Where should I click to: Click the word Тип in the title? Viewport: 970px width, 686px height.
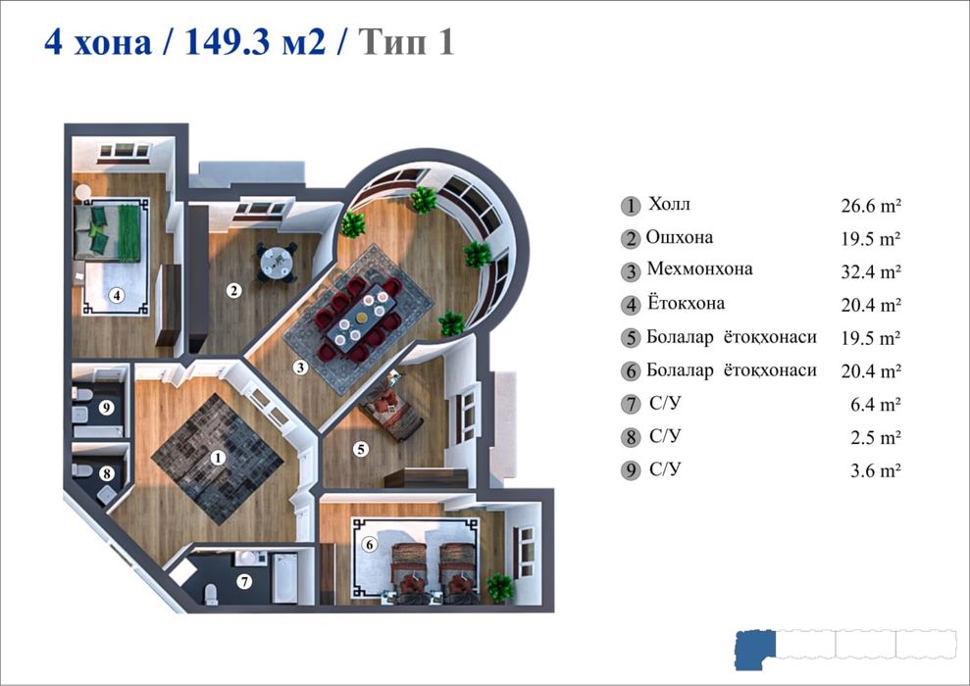coord(393,42)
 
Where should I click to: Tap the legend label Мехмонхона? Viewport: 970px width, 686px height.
coord(699,269)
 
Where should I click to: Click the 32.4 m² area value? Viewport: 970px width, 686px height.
coord(870,271)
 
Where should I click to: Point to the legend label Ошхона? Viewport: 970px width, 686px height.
coord(680,237)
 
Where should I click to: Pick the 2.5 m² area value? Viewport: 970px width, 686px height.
coord(875,437)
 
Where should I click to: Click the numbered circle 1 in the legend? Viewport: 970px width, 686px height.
coord(631,206)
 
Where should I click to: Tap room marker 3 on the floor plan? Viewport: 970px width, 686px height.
coord(301,367)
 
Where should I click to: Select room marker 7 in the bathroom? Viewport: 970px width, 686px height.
coord(245,581)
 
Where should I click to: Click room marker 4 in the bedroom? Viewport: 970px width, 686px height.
coord(117,295)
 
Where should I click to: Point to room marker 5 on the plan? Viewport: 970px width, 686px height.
coord(361,449)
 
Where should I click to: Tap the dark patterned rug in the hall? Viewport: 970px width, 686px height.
coord(217,459)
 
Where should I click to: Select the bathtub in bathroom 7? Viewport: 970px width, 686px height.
coord(284,578)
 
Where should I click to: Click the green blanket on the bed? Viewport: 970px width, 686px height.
coord(128,233)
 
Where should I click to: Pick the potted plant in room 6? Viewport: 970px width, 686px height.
coord(500,587)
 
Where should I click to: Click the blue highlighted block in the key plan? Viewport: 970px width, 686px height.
coord(755,650)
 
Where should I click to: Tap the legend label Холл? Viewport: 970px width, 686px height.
coord(669,204)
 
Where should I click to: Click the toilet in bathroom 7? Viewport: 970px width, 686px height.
coord(211,593)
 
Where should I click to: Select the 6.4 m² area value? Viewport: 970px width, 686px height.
coord(875,404)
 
